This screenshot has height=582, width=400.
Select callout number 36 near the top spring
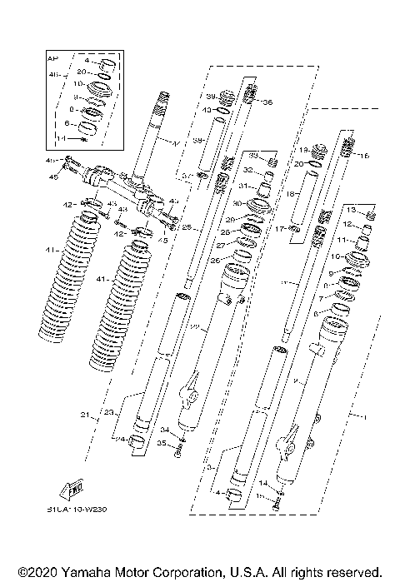267,102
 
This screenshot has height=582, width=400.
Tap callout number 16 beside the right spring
362,156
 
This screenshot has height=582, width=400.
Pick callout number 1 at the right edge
359,414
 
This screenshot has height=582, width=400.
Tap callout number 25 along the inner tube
187,226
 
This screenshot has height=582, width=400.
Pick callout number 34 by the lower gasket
164,430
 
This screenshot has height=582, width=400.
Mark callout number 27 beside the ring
221,246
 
